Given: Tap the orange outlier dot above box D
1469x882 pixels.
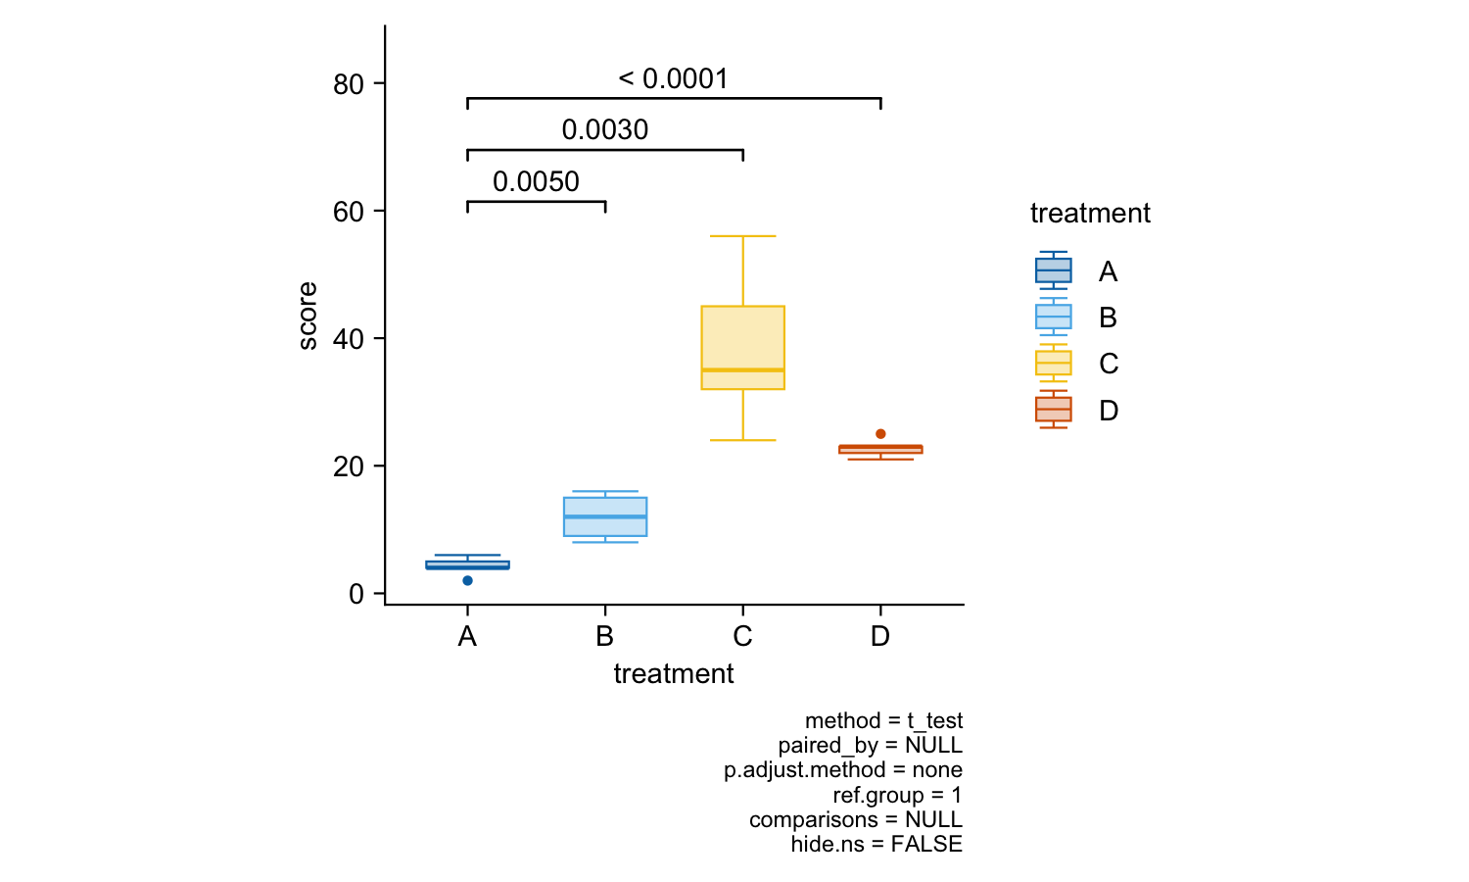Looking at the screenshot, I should click(x=880, y=434).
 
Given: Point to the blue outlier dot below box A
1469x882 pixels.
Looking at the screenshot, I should click(x=467, y=581).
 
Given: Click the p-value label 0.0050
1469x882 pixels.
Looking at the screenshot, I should click(x=536, y=182).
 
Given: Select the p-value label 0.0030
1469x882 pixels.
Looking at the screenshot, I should click(x=605, y=130).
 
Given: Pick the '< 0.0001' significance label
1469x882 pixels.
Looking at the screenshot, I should click(x=674, y=79).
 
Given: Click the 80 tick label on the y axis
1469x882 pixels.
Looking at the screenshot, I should click(x=349, y=85).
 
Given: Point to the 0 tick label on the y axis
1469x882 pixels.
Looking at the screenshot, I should click(x=356, y=595).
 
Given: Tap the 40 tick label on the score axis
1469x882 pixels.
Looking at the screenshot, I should click(x=349, y=340).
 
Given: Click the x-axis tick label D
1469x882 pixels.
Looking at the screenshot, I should click(x=880, y=637).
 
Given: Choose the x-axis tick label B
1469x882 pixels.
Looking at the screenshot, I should click(x=605, y=637).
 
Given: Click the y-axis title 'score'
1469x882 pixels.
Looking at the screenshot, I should click(x=308, y=316).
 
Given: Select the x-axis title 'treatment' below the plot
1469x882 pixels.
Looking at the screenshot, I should click(x=674, y=674).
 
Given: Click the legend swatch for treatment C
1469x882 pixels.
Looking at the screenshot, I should click(x=1054, y=364).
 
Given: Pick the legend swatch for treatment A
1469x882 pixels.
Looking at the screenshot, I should click(x=1054, y=270).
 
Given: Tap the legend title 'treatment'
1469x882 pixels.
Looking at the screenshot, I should click(x=1090, y=214).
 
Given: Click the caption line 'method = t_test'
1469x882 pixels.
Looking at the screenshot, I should click(x=883, y=721).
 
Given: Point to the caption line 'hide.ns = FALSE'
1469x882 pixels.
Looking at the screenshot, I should click(x=877, y=845).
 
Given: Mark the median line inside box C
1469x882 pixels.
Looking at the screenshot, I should click(x=742, y=369).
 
